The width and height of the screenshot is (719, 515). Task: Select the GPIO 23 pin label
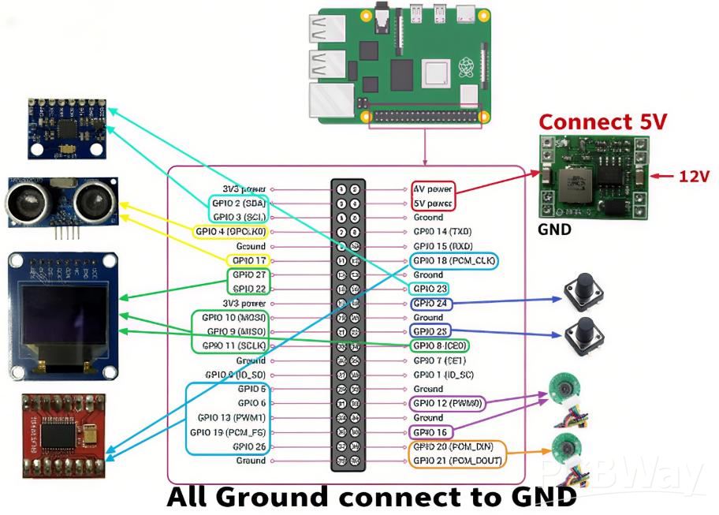pyautogui.click(x=430, y=289)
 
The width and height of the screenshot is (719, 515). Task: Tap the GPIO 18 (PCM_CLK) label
pyautogui.click(x=453, y=260)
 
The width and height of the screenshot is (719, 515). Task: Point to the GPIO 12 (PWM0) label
pyautogui.click(x=447, y=403)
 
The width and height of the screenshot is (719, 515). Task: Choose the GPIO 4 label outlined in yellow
pyautogui.click(x=230, y=231)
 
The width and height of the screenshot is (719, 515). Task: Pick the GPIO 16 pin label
pyautogui.click(x=430, y=432)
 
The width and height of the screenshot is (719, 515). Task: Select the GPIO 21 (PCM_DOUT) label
pyautogui.click(x=457, y=461)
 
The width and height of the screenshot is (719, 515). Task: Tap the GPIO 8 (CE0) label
pyautogui.click(x=439, y=345)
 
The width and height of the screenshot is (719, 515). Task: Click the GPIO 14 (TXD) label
pyautogui.click(x=442, y=231)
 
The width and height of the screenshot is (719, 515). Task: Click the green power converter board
pyautogui.click(x=593, y=176)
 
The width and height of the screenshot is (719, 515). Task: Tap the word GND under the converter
pyautogui.click(x=554, y=231)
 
